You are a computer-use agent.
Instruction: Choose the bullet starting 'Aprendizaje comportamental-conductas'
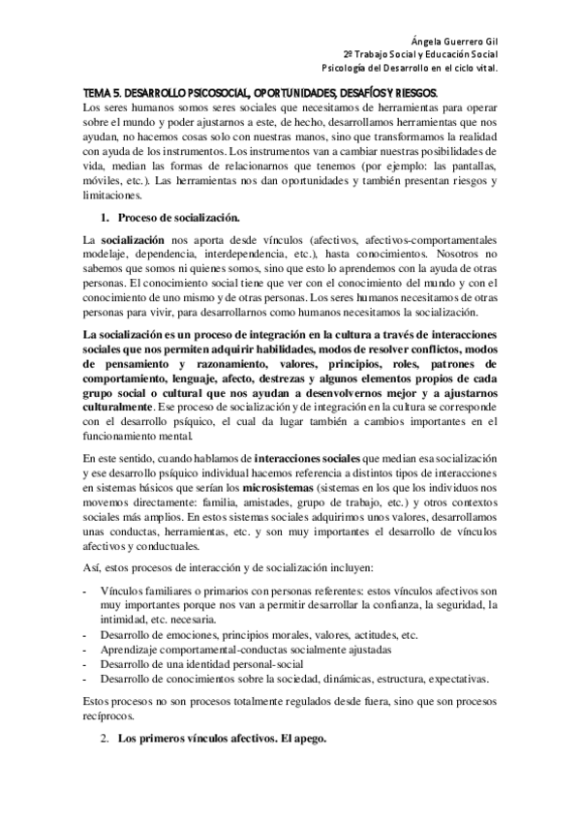[220, 650]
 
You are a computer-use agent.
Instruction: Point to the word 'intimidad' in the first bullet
[126, 620]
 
